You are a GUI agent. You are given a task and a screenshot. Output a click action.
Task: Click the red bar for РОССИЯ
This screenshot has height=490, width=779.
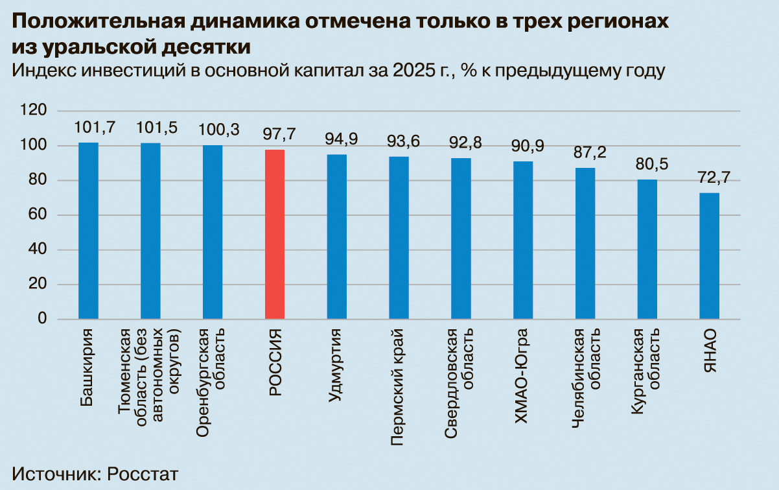(275, 234)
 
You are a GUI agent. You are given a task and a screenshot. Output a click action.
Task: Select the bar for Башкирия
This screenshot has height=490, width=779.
(88, 231)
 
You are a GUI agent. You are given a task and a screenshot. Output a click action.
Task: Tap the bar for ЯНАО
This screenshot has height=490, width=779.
(709, 256)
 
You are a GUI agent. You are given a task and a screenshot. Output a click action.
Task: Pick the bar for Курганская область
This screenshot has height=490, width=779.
(647, 249)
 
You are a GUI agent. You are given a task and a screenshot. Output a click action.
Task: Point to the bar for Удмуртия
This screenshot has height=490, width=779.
(336, 237)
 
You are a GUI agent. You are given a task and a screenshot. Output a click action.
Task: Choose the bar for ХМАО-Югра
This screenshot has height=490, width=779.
(523, 240)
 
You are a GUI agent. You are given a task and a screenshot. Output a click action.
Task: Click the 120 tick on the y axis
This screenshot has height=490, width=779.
(34, 111)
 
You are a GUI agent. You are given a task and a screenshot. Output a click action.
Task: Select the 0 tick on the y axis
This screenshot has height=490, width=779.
(43, 319)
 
